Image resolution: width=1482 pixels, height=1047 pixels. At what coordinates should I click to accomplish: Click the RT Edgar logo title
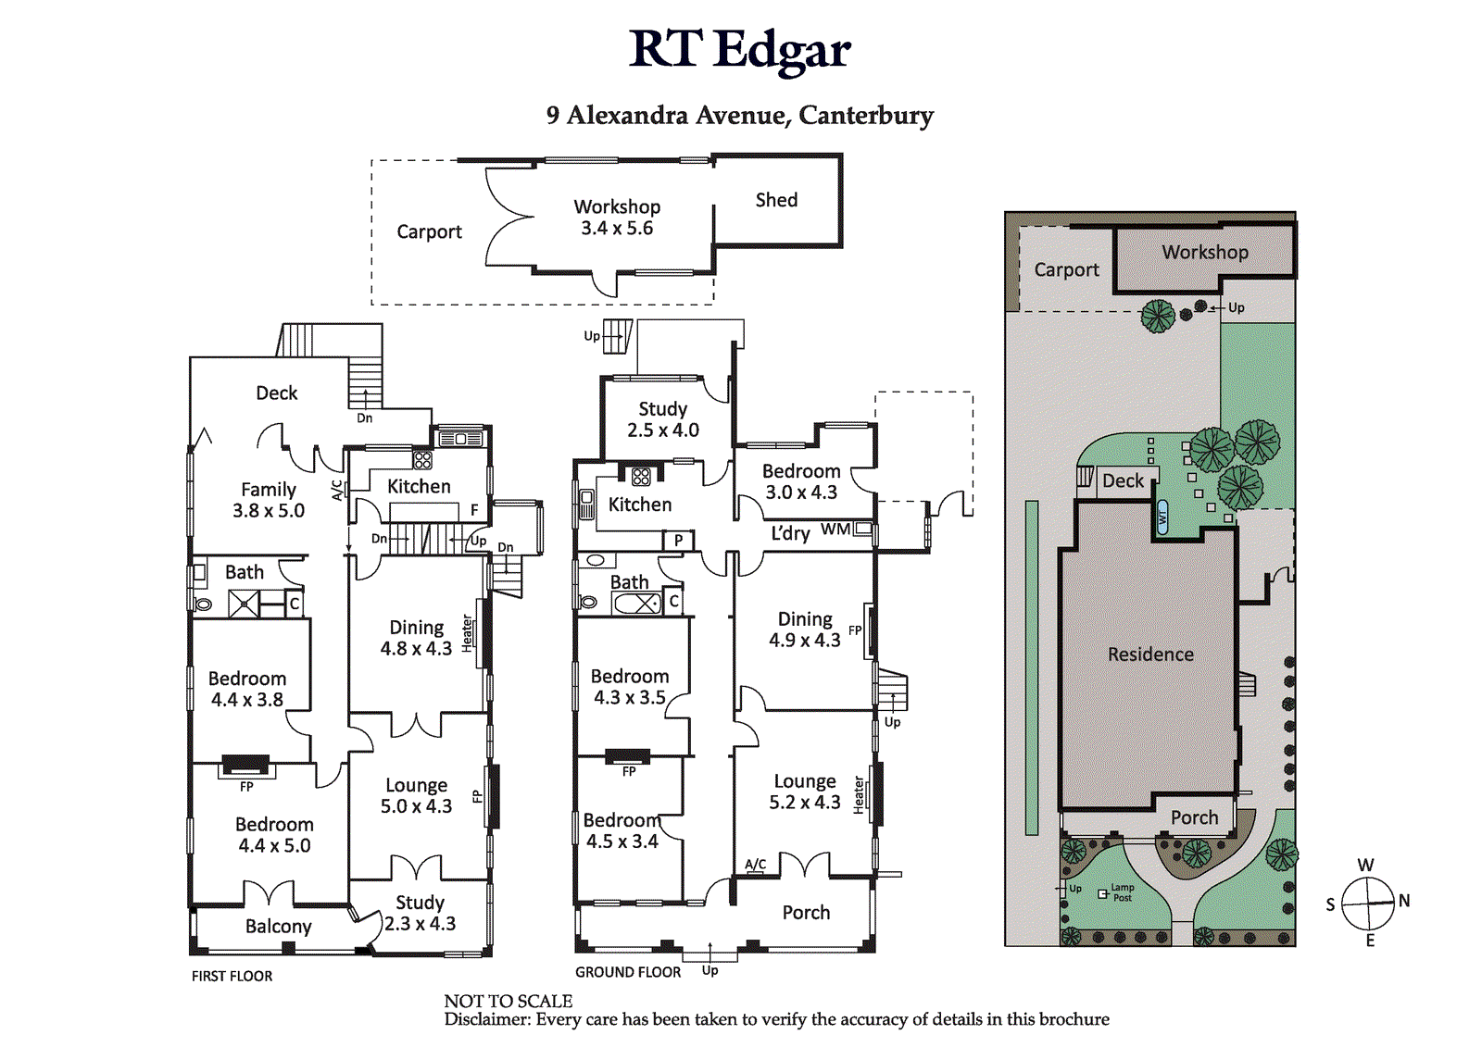(x=739, y=50)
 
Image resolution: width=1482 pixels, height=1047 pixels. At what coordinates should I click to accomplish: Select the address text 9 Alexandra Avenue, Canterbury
(x=739, y=115)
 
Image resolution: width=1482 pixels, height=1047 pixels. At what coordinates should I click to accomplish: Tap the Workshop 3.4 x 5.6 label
(x=617, y=218)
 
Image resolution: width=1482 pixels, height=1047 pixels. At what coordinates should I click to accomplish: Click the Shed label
(x=776, y=200)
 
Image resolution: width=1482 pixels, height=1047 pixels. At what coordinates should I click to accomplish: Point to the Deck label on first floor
(x=276, y=393)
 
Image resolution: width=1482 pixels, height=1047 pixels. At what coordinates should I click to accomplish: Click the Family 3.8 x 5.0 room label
(x=268, y=500)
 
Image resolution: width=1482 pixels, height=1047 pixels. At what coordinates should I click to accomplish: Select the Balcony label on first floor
(x=278, y=927)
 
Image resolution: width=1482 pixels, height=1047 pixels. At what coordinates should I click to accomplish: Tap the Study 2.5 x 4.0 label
(x=662, y=419)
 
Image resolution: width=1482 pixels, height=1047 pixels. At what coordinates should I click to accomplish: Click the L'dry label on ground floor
(x=790, y=533)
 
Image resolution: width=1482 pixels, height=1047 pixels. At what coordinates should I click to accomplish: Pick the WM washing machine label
(x=835, y=530)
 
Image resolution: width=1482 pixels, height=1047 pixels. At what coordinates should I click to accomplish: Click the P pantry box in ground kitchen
(x=678, y=541)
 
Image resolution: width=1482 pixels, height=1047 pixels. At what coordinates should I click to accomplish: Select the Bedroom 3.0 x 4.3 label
(x=800, y=481)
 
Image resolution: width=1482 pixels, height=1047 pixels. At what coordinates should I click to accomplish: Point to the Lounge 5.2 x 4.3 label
(x=804, y=792)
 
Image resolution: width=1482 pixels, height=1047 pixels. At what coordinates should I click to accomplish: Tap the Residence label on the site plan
(x=1150, y=654)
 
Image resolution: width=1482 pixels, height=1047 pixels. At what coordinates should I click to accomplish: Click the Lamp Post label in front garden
(x=1121, y=892)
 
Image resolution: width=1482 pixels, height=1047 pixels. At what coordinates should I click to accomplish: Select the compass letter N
(x=1404, y=901)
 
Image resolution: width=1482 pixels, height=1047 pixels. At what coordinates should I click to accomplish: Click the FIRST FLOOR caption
(x=232, y=976)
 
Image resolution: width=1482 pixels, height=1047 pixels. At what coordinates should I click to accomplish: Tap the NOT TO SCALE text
(x=508, y=1001)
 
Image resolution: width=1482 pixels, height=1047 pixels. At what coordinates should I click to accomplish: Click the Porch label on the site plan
(x=1194, y=817)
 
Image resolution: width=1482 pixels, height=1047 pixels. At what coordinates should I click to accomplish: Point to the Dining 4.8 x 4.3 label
(x=416, y=638)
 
